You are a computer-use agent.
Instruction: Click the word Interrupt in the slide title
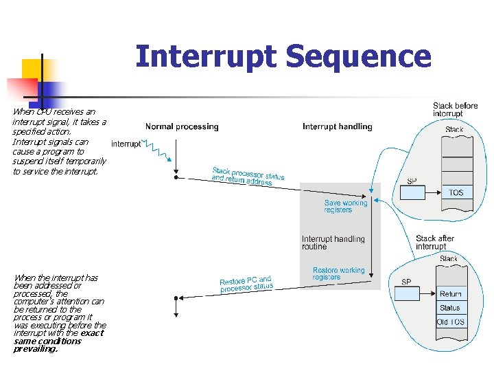point(206,57)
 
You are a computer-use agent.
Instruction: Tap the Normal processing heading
point(182,126)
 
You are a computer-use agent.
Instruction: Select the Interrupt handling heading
point(337,126)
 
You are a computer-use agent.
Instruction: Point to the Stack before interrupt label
point(455,110)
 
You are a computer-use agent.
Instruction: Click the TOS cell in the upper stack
point(456,192)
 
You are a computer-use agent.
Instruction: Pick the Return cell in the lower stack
point(450,294)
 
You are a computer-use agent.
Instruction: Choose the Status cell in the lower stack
point(450,308)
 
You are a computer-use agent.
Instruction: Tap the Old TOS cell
point(450,322)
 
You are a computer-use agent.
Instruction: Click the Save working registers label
point(346,206)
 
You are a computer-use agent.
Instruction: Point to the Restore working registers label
point(338,273)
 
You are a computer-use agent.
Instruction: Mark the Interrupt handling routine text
point(333,243)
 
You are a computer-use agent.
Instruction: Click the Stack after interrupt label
point(435,242)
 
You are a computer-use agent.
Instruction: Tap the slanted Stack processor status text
point(247,177)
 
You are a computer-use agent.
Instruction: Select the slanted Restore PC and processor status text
point(246,284)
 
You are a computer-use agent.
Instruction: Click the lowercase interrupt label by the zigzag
point(126,144)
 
